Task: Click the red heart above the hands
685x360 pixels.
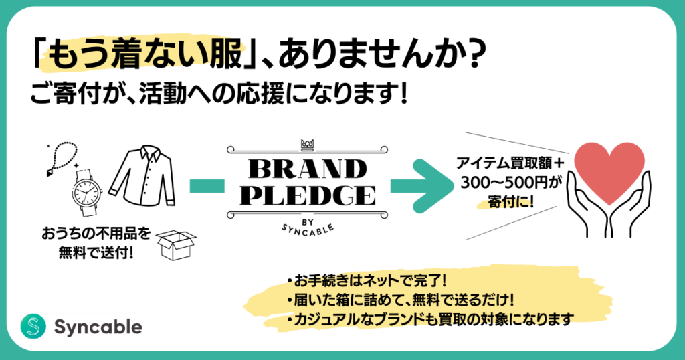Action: click(x=609, y=171)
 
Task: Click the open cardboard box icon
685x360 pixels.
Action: click(x=176, y=245)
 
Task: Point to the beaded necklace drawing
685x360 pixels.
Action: click(x=61, y=158)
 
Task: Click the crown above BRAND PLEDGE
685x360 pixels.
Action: click(x=308, y=145)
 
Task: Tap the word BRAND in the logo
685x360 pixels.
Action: click(x=308, y=169)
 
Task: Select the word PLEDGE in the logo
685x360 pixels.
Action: click(x=308, y=195)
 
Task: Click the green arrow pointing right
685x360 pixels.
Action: click(x=422, y=186)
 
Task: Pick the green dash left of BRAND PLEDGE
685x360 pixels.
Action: click(x=207, y=186)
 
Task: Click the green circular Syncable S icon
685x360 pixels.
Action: click(x=33, y=327)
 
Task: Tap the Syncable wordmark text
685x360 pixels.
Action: click(x=98, y=327)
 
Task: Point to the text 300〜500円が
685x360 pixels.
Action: click(x=510, y=183)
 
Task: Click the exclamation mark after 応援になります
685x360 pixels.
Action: click(x=403, y=94)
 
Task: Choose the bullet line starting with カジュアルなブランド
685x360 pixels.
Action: click(x=430, y=319)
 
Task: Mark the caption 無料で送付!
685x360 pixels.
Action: click(x=96, y=253)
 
